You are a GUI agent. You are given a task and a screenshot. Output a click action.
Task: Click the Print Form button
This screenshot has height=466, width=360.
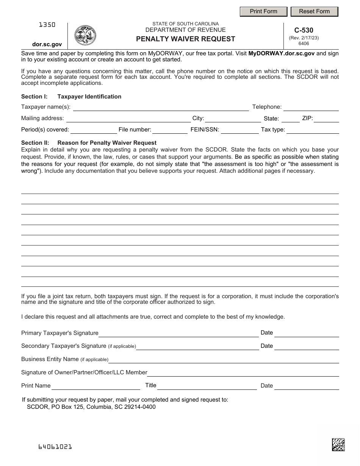point(263,11)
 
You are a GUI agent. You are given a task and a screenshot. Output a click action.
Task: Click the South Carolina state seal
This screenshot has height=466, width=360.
point(85,36)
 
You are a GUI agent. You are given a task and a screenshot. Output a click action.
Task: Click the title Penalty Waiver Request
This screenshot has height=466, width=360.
point(186,39)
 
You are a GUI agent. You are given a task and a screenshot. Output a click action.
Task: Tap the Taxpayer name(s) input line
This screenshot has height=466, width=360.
point(161,107)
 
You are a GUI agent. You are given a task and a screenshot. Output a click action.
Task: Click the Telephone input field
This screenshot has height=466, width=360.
point(311,107)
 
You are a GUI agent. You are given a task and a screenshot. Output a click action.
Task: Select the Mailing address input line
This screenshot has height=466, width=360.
point(128,119)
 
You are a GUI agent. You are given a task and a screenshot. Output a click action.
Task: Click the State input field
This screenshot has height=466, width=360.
point(291,119)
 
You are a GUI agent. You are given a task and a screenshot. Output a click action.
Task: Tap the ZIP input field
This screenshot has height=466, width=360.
point(326,119)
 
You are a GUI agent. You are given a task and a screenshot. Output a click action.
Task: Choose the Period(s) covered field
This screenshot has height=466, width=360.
point(94,130)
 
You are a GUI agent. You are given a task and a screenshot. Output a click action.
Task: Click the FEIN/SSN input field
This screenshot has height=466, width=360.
point(240,130)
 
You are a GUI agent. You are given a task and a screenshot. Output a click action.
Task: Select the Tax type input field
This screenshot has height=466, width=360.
point(313,130)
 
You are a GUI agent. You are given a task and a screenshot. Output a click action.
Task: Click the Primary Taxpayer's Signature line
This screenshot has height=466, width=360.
point(178,333)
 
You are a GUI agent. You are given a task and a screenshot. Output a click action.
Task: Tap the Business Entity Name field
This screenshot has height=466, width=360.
point(224,359)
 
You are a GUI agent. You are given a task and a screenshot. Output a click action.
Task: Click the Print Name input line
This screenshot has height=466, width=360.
point(96,386)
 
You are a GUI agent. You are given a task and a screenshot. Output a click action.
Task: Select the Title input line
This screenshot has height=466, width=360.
point(207,386)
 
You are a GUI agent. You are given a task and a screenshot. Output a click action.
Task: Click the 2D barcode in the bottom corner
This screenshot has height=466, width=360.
point(338,444)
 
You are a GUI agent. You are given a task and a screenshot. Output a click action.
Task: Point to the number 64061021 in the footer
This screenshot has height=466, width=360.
point(55,447)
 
